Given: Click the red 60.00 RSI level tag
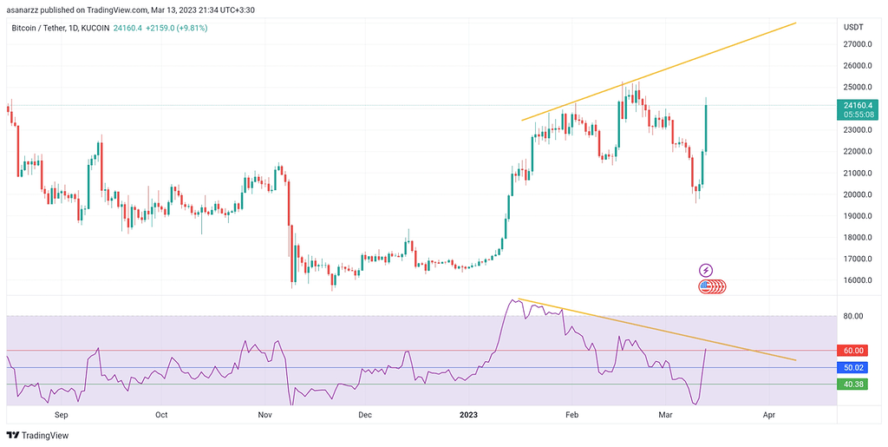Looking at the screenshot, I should click(854, 351).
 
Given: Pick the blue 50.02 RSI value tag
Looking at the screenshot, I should click(854, 367).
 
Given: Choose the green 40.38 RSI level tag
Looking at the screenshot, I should click(854, 384).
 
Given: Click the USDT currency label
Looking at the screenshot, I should click(853, 28).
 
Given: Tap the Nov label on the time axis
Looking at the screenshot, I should click(265, 416).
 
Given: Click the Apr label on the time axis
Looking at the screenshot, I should click(769, 416).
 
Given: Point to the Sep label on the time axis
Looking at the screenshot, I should click(61, 416).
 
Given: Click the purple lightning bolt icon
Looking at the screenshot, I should click(706, 270).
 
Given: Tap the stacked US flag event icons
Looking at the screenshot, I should click(712, 286).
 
